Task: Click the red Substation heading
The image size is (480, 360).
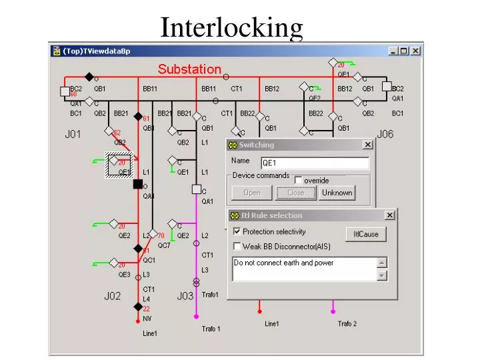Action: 189,69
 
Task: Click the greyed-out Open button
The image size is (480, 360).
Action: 252,193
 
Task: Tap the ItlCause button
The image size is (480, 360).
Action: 365,235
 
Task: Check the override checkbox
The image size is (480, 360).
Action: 299,180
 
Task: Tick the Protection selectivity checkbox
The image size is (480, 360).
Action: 237,232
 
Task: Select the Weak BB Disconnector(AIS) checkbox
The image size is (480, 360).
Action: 237,247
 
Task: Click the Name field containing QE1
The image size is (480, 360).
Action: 314,163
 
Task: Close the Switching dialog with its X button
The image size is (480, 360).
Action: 367,145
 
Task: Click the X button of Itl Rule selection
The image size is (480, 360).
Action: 389,215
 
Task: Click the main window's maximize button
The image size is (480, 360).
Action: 404,51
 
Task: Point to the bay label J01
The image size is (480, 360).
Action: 73,134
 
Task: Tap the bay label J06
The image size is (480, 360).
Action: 385,134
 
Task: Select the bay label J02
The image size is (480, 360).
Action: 111,296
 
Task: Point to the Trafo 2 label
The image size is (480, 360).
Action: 347,324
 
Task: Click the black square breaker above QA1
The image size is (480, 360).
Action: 138,184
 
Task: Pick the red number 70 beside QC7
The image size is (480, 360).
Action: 161,236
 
